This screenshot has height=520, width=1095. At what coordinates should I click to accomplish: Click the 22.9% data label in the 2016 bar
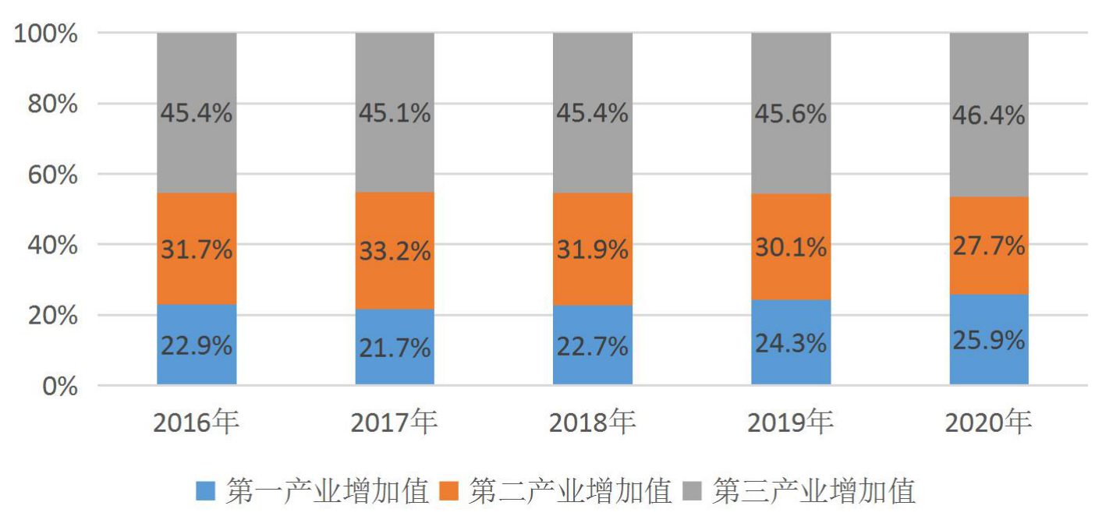[197, 346]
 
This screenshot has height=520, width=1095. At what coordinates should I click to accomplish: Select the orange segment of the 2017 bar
[395, 251]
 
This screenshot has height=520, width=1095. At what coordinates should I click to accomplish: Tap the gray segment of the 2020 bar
[989, 115]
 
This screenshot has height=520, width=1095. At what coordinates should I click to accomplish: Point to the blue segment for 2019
[791, 342]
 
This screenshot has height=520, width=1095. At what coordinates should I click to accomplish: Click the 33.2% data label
[395, 251]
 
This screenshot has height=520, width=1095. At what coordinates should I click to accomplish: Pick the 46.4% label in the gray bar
[989, 115]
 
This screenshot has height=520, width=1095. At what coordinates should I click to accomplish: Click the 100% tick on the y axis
[46, 34]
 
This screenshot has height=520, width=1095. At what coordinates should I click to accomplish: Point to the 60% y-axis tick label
[53, 175]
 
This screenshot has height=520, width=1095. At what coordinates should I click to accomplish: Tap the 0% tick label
[60, 386]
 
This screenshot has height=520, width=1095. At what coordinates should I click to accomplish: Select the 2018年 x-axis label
[593, 422]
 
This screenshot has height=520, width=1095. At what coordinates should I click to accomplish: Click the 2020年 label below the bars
[988, 422]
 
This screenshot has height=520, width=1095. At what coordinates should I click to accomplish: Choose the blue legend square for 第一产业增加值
[205, 490]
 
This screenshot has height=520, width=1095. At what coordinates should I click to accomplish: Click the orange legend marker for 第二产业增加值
[448, 490]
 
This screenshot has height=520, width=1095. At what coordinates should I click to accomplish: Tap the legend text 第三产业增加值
[813, 490]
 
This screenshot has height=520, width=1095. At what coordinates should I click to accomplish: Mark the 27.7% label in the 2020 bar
[989, 246]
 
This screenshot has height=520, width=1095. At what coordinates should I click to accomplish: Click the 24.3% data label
[791, 343]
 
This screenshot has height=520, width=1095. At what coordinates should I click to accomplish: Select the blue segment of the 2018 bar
[593, 345]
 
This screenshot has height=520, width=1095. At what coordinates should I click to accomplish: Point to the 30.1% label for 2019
[791, 247]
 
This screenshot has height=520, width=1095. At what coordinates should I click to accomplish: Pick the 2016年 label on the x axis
[197, 422]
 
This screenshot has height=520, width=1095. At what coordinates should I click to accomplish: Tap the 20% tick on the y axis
[53, 316]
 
